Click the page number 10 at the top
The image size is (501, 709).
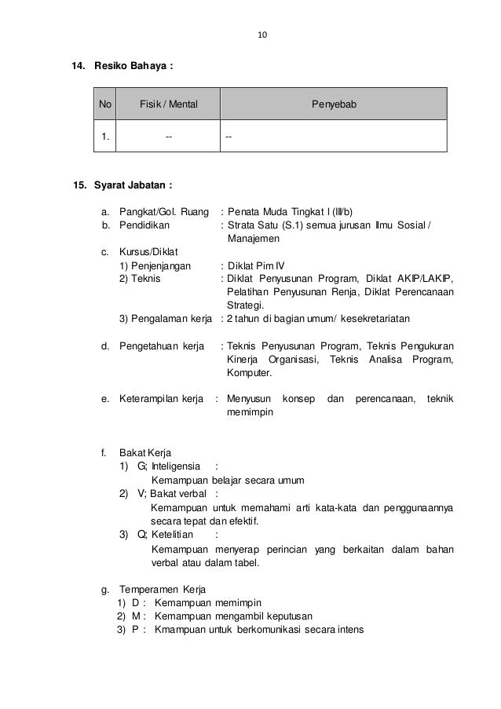tap(262, 35)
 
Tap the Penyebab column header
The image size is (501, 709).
tap(334, 104)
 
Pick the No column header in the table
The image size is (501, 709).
tap(105, 104)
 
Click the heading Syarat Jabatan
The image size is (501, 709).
tap(133, 186)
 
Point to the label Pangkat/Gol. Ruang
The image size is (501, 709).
tap(164, 211)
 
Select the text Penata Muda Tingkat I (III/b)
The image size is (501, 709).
tap(290, 211)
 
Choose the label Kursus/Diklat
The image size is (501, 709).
tap(149, 252)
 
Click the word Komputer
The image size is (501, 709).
tap(250, 374)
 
